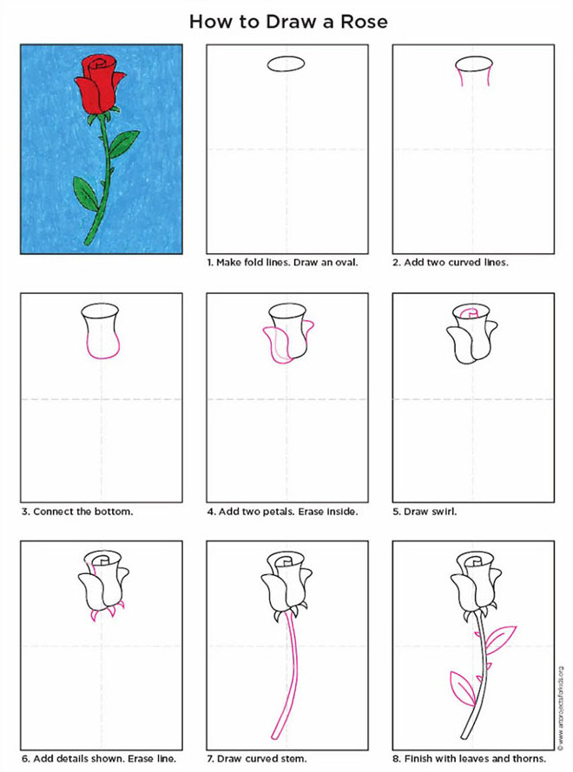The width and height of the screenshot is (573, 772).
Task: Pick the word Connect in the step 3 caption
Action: pyautogui.click(x=53, y=511)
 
